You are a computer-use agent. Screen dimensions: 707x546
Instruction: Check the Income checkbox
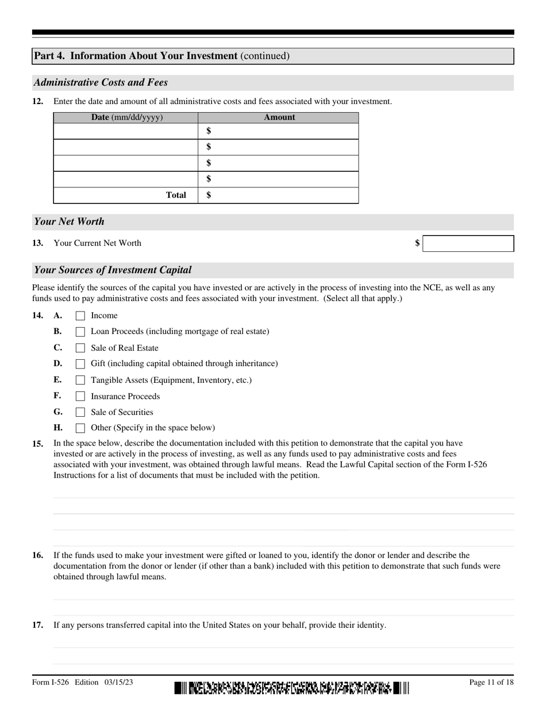80,316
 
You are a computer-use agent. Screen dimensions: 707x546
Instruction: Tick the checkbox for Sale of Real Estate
80,348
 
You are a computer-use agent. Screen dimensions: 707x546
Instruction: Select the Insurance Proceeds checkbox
80,396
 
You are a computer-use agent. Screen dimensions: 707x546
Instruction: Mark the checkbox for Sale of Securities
80,412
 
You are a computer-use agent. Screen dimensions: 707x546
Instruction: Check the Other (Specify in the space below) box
80,428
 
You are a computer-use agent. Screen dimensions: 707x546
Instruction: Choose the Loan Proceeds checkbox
80,332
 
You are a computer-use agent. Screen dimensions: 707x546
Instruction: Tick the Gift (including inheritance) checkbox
80,364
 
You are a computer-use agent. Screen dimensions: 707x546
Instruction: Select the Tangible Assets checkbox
80,380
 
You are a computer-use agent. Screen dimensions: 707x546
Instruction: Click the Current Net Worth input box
468,243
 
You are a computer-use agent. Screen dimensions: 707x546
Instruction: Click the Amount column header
279,117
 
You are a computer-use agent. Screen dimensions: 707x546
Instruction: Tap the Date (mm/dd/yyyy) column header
126,117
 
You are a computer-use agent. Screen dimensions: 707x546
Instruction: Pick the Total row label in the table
176,195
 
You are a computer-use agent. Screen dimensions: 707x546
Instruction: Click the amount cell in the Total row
279,195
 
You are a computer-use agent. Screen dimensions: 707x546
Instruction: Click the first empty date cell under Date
126,131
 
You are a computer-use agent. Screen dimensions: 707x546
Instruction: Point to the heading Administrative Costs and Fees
101,82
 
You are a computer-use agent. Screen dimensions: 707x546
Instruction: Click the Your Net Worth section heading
69,221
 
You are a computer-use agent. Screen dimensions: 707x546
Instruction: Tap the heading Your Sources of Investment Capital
113,270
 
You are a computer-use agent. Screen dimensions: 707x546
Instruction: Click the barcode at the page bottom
292,687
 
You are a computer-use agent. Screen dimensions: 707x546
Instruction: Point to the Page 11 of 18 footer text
491,682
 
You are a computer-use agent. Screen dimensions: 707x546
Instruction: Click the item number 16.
37,555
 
